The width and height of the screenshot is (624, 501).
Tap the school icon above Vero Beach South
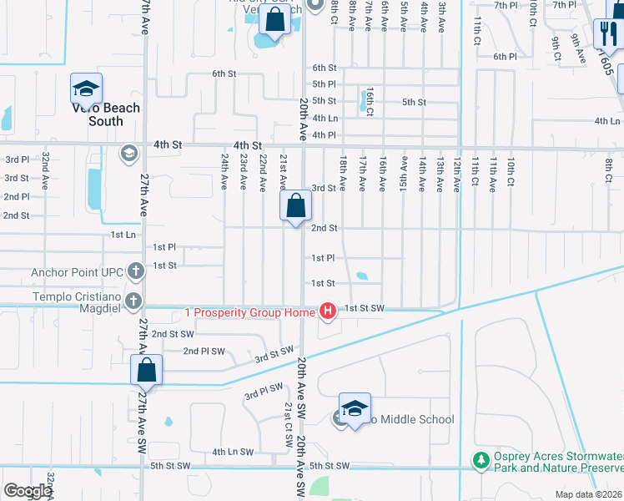tap(86, 88)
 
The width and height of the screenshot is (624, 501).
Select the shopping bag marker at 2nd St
tap(296, 205)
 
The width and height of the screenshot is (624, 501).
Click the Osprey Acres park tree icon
tap(481, 460)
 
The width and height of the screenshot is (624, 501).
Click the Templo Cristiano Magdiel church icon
tap(133, 300)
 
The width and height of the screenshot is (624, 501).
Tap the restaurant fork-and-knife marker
tap(606, 33)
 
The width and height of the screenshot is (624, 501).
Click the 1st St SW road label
tap(365, 308)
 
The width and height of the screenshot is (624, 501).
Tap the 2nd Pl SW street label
tap(204, 351)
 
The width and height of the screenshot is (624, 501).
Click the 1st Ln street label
tap(123, 235)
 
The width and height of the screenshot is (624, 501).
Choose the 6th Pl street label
tap(505, 56)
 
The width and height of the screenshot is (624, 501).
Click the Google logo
tap(28, 491)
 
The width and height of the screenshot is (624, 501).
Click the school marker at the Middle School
tap(355, 407)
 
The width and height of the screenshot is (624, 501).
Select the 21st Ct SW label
tap(288, 417)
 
